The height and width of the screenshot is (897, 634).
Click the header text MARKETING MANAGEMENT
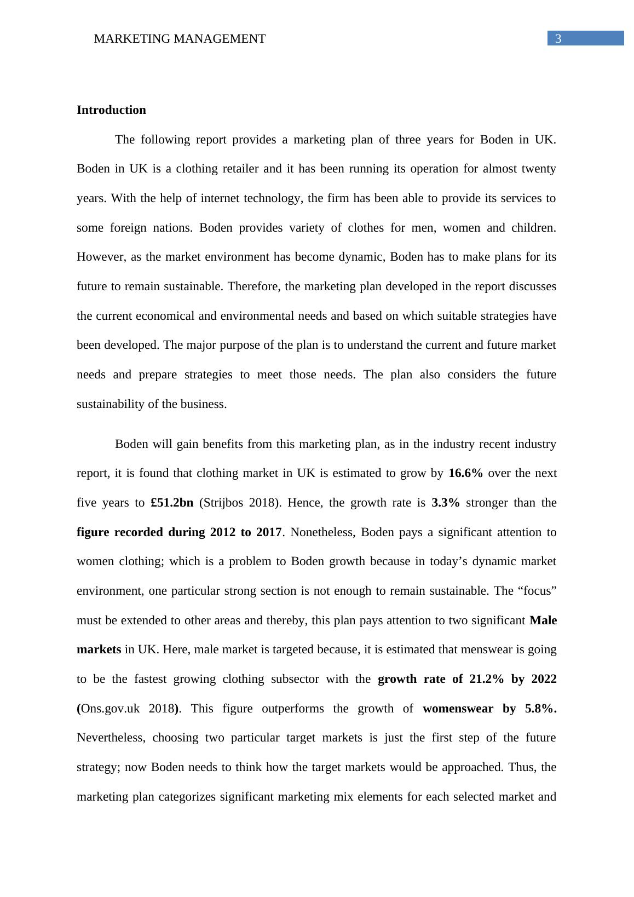click(180, 39)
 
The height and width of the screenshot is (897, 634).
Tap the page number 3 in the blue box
click(558, 38)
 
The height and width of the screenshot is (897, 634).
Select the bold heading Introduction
click(111, 110)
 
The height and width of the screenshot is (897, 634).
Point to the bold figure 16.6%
click(465, 473)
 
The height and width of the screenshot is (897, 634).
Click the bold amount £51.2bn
click(172, 503)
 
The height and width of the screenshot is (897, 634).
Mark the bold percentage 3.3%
click(446, 503)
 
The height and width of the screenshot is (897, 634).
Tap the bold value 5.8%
click(540, 709)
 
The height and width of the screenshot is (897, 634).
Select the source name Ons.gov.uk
click(110, 709)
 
